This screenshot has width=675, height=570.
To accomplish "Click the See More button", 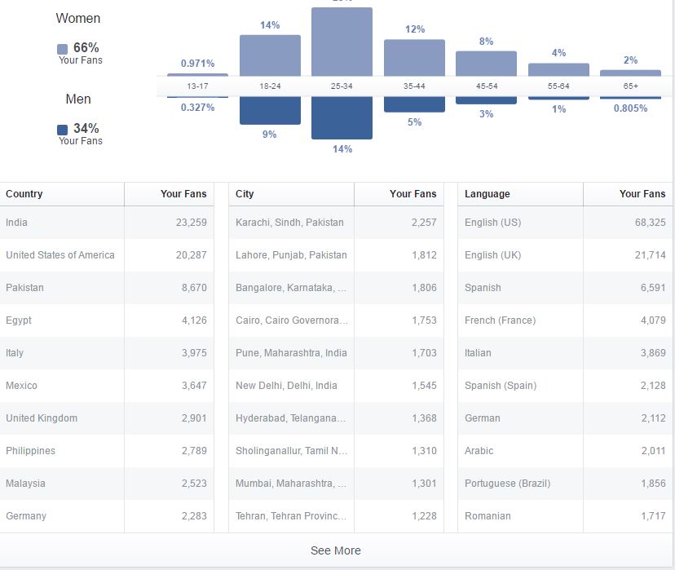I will [x=335, y=550].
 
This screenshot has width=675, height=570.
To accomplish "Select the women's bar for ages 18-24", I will [x=270, y=55].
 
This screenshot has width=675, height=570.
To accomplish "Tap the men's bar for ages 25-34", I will [x=342, y=117].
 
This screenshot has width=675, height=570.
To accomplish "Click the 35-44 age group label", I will [x=414, y=86].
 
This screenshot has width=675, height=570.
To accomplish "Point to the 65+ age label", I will [x=630, y=86].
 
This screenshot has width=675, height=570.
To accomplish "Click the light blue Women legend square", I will [x=63, y=49].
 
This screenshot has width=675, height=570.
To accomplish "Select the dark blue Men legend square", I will [x=63, y=130].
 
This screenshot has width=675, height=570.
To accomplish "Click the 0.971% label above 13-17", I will [x=197, y=64].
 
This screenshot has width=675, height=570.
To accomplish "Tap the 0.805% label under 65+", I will [x=630, y=108].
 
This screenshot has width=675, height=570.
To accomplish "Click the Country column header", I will [x=24, y=194].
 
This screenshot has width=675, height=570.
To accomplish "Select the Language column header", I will [x=487, y=194].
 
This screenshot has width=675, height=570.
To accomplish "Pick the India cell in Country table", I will [x=16, y=223].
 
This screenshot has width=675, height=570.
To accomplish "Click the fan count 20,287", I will [x=192, y=255].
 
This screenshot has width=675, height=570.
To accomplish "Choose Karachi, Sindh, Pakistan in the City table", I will [x=289, y=223].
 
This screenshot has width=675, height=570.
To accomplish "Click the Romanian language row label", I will [x=487, y=516].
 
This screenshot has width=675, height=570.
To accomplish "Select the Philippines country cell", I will [x=30, y=451].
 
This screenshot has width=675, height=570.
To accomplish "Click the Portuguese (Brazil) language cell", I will [x=507, y=484].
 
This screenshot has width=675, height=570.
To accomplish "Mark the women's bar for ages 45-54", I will [x=486, y=64].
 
